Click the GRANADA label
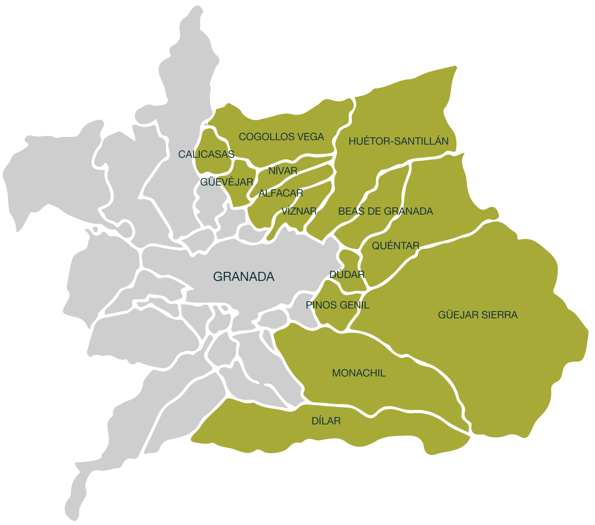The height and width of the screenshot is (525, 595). click(x=244, y=277)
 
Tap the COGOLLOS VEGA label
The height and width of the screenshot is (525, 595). click(x=281, y=137)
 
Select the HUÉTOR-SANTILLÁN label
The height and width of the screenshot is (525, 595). click(x=398, y=141)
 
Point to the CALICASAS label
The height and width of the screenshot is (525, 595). click(x=206, y=154)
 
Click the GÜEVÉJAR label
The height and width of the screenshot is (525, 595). click(x=226, y=182)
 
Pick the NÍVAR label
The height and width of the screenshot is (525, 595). click(x=283, y=171)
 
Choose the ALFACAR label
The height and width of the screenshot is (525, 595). click(x=281, y=193)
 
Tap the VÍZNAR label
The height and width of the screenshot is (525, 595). click(x=299, y=211)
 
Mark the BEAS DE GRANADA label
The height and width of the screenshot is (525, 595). click(x=386, y=211)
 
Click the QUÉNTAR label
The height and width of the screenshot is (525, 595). click(x=395, y=246)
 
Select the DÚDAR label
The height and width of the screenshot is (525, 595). click(x=347, y=275)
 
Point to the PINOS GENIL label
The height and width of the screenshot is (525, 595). click(x=338, y=305)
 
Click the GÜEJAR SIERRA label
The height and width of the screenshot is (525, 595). click(x=478, y=315)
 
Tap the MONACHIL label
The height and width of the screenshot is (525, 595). click(x=359, y=373)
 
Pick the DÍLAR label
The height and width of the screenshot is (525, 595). click(x=326, y=421)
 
